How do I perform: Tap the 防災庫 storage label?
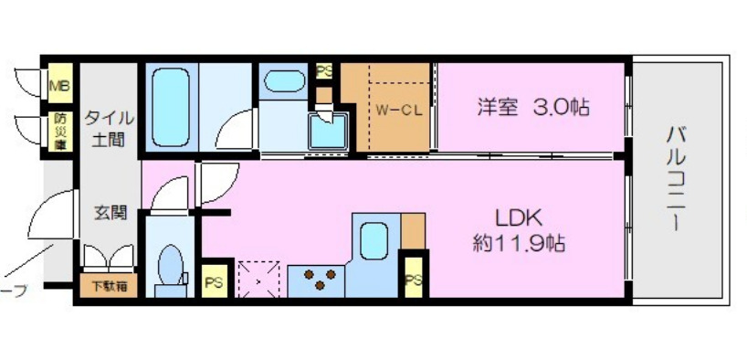(x=59, y=132)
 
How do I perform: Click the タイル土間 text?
(x=109, y=130)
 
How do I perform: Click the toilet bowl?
(x=170, y=265)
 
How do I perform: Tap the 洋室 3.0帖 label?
(x=532, y=108)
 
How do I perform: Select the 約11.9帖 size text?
(x=518, y=245)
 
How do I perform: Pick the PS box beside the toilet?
(x=214, y=282)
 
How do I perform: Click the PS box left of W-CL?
(x=323, y=70)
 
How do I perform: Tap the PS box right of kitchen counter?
(x=414, y=281)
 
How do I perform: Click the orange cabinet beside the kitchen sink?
(x=413, y=229)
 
